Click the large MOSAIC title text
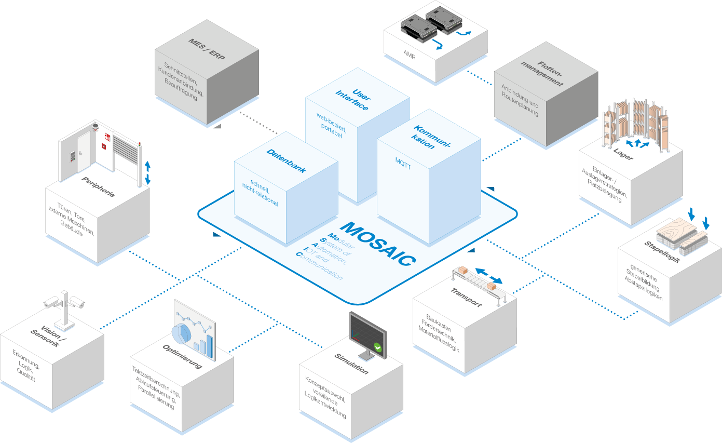379,245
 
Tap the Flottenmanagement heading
543,72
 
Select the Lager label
623,155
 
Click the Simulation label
351,364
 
